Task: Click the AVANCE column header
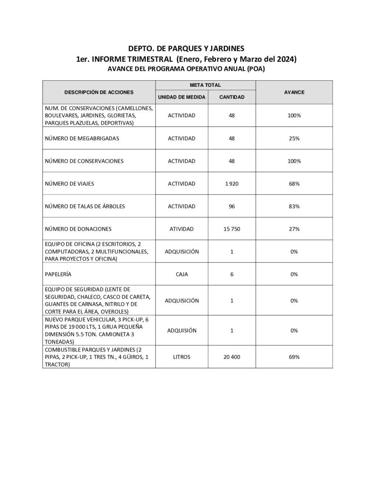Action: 294,92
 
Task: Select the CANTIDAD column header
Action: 232,97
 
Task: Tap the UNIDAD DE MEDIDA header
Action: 182,97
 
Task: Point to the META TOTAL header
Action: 207,85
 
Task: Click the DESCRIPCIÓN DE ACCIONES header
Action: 99,92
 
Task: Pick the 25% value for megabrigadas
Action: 294,139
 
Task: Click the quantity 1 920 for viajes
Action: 232,183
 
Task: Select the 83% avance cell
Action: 294,206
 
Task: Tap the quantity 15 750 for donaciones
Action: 232,229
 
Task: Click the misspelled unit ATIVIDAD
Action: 182,229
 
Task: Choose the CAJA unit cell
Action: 182,274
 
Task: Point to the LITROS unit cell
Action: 182,357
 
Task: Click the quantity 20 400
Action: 232,357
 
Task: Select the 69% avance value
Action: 294,357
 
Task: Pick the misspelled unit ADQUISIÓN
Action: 182,331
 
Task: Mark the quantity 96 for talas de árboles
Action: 232,206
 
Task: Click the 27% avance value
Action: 294,229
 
